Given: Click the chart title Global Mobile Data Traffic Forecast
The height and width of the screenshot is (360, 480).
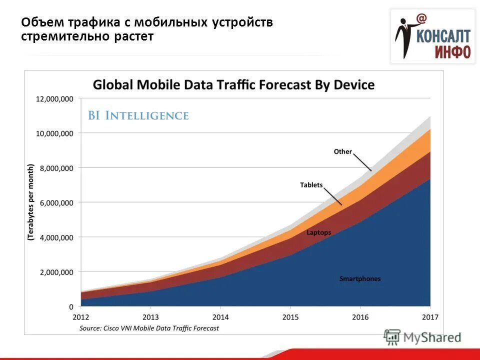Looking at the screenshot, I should click(x=233, y=84).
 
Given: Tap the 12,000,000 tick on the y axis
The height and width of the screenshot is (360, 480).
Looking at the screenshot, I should click(x=54, y=99).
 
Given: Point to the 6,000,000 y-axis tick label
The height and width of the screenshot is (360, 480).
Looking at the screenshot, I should click(x=54, y=202).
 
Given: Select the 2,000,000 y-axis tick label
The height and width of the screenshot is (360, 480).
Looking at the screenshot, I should click(x=54, y=272).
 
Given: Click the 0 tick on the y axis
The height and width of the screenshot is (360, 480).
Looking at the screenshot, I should click(x=70, y=306).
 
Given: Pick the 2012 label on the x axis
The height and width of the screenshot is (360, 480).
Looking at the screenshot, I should click(x=80, y=317).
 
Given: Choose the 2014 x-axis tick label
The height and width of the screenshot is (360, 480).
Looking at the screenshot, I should click(x=220, y=317).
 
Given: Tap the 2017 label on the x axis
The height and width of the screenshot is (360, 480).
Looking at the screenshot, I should click(x=430, y=317).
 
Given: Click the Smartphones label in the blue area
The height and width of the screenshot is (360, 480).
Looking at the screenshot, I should click(x=359, y=278).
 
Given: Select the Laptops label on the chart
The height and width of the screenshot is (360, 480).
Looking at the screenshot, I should click(x=318, y=232).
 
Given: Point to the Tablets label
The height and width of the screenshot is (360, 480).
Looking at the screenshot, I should click(x=311, y=185).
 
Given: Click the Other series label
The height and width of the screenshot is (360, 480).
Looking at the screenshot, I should click(x=343, y=151).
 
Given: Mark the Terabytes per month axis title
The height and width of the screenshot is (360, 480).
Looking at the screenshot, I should click(x=30, y=203).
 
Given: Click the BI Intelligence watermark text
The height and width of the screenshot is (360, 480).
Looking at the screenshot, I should click(x=138, y=115).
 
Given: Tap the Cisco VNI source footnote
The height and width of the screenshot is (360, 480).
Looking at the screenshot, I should click(x=149, y=328).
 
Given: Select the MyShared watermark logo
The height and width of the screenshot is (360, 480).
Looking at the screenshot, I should click(x=422, y=337).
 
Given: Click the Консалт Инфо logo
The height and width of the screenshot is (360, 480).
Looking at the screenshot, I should click(x=433, y=37).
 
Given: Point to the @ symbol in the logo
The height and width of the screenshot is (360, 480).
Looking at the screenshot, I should click(x=421, y=18).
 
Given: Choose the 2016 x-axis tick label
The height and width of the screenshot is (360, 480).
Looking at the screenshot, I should click(x=360, y=317).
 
